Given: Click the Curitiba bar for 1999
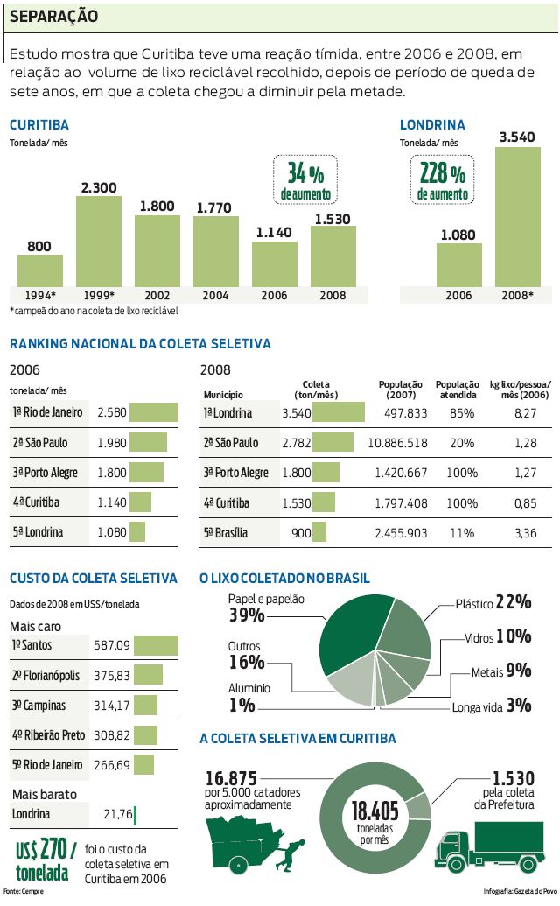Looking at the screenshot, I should click(x=99, y=241).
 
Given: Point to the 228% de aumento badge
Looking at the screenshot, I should click(x=442, y=179).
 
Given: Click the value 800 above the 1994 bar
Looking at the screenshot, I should click(x=39, y=247).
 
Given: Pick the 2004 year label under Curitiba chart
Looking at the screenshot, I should click(x=215, y=296).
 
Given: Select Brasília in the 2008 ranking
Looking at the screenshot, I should click(x=226, y=532).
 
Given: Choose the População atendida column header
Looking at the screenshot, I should click(x=456, y=389).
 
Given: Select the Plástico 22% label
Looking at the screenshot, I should click(x=493, y=602).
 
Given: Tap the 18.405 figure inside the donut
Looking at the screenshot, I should click(x=374, y=810).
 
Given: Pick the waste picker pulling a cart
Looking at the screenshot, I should click(x=254, y=845).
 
